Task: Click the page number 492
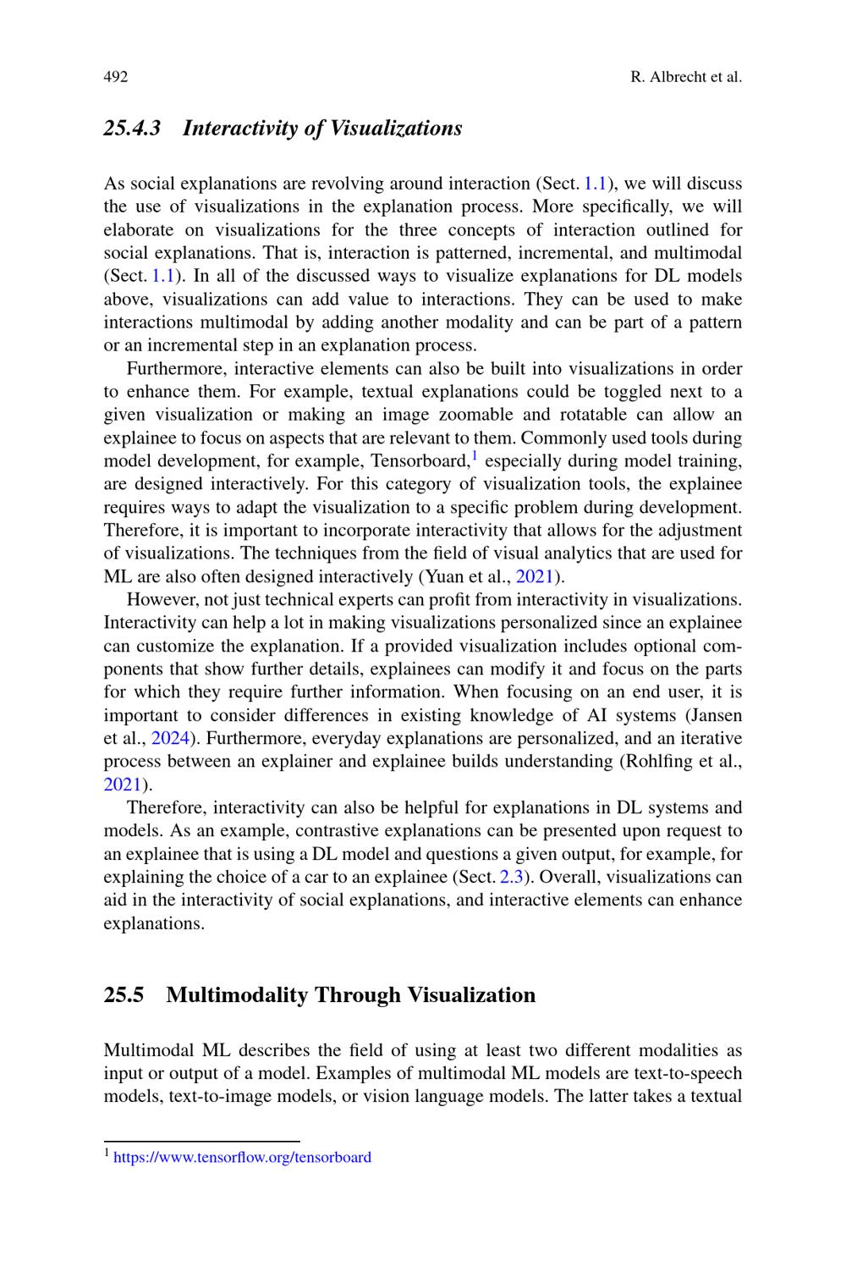(116, 77)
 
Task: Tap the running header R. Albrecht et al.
(686, 77)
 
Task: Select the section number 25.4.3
(132, 129)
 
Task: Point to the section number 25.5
(124, 994)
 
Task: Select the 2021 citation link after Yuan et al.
(535, 577)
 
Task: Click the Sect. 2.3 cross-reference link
(512, 877)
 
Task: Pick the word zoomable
(475, 415)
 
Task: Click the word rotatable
(591, 415)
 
